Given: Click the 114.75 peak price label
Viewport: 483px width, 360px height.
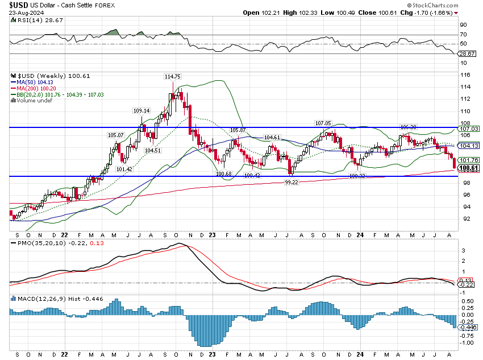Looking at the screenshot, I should [x=172, y=77].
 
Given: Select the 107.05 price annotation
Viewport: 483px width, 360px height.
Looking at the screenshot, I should [x=323, y=123].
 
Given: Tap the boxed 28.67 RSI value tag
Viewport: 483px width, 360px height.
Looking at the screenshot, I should [x=467, y=53].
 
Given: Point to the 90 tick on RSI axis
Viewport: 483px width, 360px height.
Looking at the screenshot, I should [x=464, y=25].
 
